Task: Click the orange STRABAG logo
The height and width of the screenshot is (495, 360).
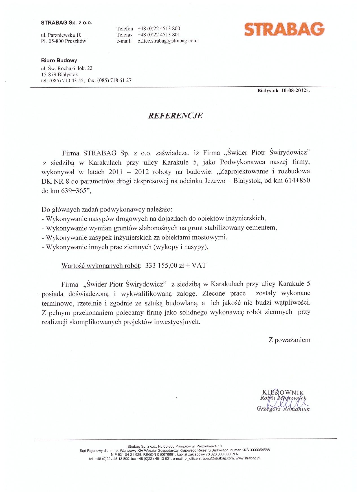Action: tap(284, 29)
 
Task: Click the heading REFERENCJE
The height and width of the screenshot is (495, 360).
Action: tap(175, 116)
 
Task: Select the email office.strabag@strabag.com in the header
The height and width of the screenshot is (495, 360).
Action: tap(167, 41)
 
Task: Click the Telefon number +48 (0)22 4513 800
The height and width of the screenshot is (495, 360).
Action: tap(159, 28)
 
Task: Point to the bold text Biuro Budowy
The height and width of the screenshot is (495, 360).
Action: tap(59, 60)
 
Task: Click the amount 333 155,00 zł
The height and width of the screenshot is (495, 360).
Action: tap(165, 265)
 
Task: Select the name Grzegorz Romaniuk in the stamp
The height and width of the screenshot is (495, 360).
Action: tap(283, 409)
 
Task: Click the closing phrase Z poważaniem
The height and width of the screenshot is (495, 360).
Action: tap(289, 340)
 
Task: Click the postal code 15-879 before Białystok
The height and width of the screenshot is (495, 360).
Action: tap(49, 74)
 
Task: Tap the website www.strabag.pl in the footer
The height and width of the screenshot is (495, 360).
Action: tap(248, 459)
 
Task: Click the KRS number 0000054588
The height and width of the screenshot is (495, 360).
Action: tap(257, 450)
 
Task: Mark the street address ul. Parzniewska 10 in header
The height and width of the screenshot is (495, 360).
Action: tap(61, 35)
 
